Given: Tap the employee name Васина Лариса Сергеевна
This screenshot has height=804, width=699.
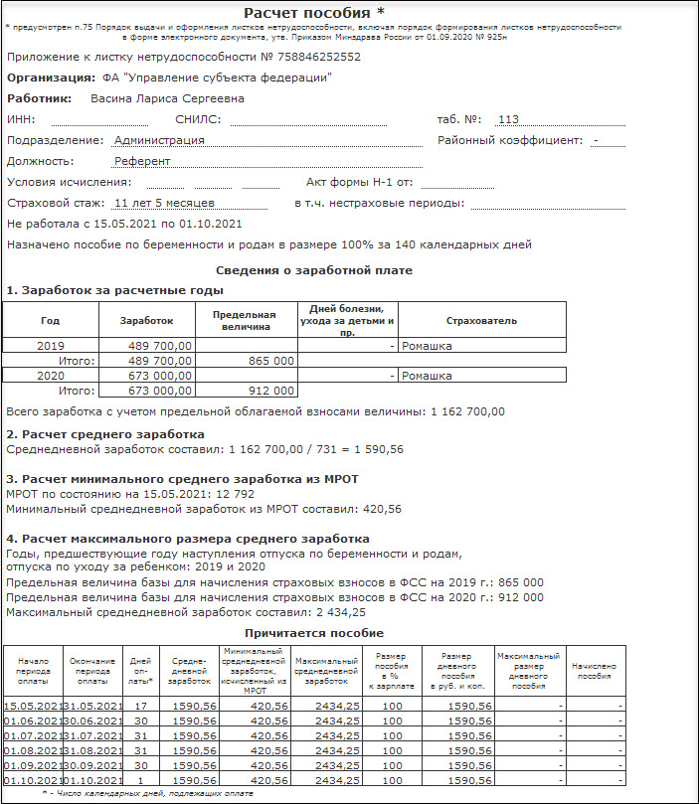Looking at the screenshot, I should point(167,98).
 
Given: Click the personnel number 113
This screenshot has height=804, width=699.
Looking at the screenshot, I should point(508,119).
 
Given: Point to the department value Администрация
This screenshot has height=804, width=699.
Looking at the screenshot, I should point(159,140).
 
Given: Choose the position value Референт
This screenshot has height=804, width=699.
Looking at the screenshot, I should point(142,161).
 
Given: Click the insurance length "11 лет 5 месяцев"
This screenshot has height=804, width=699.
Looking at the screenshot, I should point(165,203).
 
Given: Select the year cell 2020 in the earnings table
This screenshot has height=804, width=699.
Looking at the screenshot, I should point(51,376).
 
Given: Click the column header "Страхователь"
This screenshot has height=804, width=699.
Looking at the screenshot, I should point(481,320).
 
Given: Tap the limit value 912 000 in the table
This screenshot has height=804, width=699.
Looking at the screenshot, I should point(269,391).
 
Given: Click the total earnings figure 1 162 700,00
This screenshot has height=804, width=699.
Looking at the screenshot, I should point(466,411).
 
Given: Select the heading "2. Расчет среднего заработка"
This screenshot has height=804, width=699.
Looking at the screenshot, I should point(105,434).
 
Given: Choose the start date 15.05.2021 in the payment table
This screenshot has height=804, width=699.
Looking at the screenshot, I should point(34,706).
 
